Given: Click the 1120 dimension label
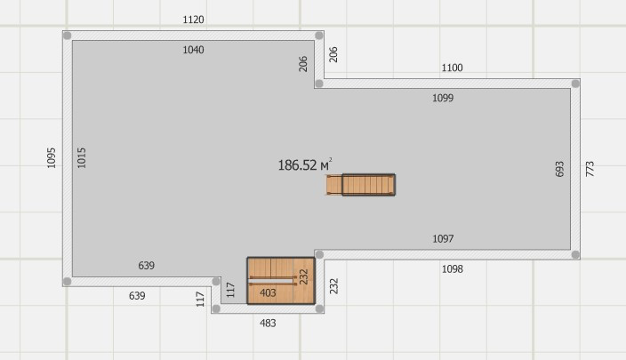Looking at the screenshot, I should pyautogui.click(x=193, y=20).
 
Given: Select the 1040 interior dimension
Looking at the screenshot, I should pyautogui.click(x=193, y=51).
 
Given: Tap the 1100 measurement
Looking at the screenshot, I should pyautogui.click(x=453, y=68).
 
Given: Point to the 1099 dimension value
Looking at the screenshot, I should pyautogui.click(x=443, y=99).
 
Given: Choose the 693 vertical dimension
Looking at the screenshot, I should pyautogui.click(x=559, y=169).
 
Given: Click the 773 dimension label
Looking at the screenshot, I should pyautogui.click(x=590, y=169).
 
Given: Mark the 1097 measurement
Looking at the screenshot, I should pyautogui.click(x=443, y=239).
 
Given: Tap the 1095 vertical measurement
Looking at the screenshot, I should pyautogui.click(x=52, y=158).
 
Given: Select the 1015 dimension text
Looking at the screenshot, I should pyautogui.click(x=82, y=158).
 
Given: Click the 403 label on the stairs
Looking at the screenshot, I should pyautogui.click(x=268, y=292).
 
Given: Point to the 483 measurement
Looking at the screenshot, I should pyautogui.click(x=268, y=324).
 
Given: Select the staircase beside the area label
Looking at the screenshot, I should pyautogui.click(x=368, y=185).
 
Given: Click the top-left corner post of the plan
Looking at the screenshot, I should pyautogui.click(x=67, y=36).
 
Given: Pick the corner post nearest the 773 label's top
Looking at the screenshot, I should pyautogui.click(x=575, y=84).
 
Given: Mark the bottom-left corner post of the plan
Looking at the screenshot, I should pyautogui.click(x=67, y=282).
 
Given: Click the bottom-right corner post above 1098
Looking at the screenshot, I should pyautogui.click(x=575, y=254).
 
